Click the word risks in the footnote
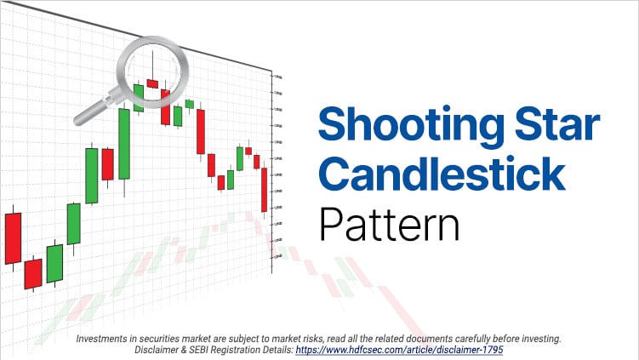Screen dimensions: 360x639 pos(322,338)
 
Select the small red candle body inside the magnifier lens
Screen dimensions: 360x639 pos(152,83)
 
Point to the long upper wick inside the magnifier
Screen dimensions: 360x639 pos(152,64)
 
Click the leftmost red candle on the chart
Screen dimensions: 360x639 pos(13,238)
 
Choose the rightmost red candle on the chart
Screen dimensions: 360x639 pos(265,189)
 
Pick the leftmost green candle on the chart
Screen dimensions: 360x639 pos(54,263)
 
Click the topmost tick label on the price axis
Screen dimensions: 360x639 pos(278,77)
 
